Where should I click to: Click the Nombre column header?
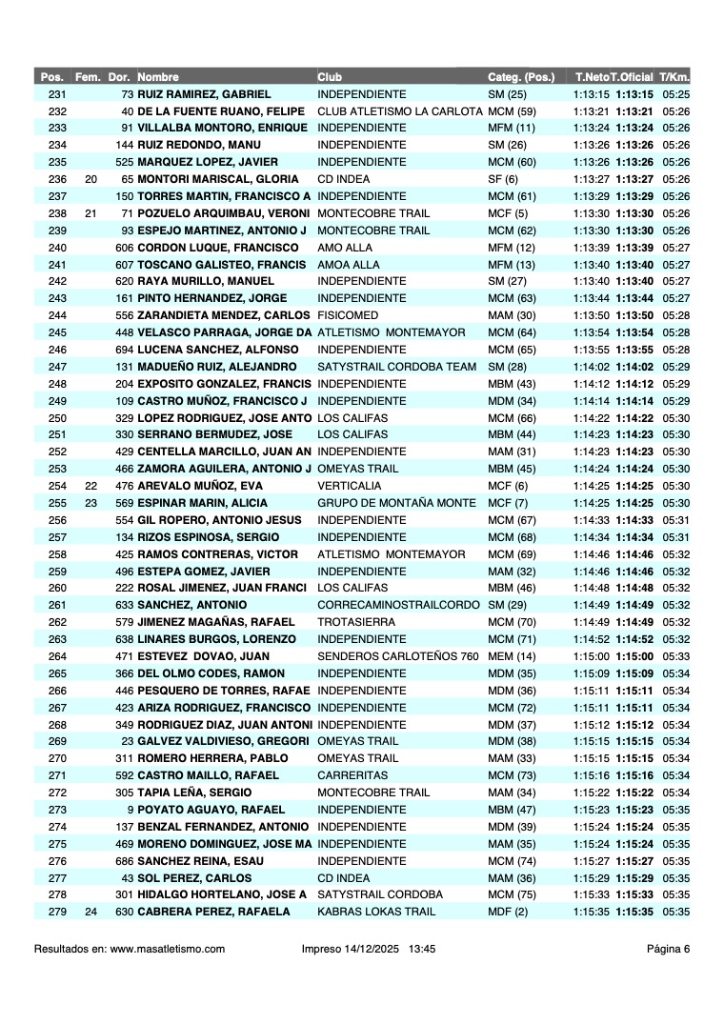(x=158, y=77)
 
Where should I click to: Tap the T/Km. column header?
(x=674, y=77)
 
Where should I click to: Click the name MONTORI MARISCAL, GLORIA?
(x=218, y=179)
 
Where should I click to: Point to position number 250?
(x=57, y=418)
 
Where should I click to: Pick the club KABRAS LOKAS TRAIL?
(x=376, y=912)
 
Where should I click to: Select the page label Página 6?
(x=668, y=949)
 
